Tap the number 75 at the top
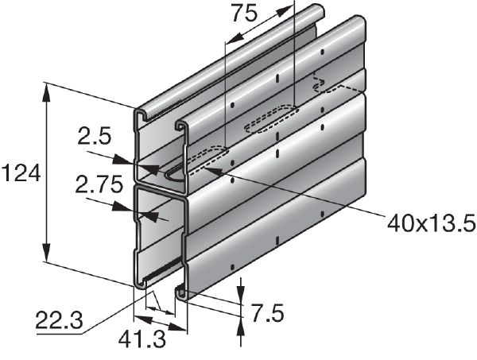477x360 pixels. tap(246, 13)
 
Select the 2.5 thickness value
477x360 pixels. tap(95, 137)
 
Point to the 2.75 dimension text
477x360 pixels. tap(97, 185)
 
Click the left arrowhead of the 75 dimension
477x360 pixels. tap(229, 41)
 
